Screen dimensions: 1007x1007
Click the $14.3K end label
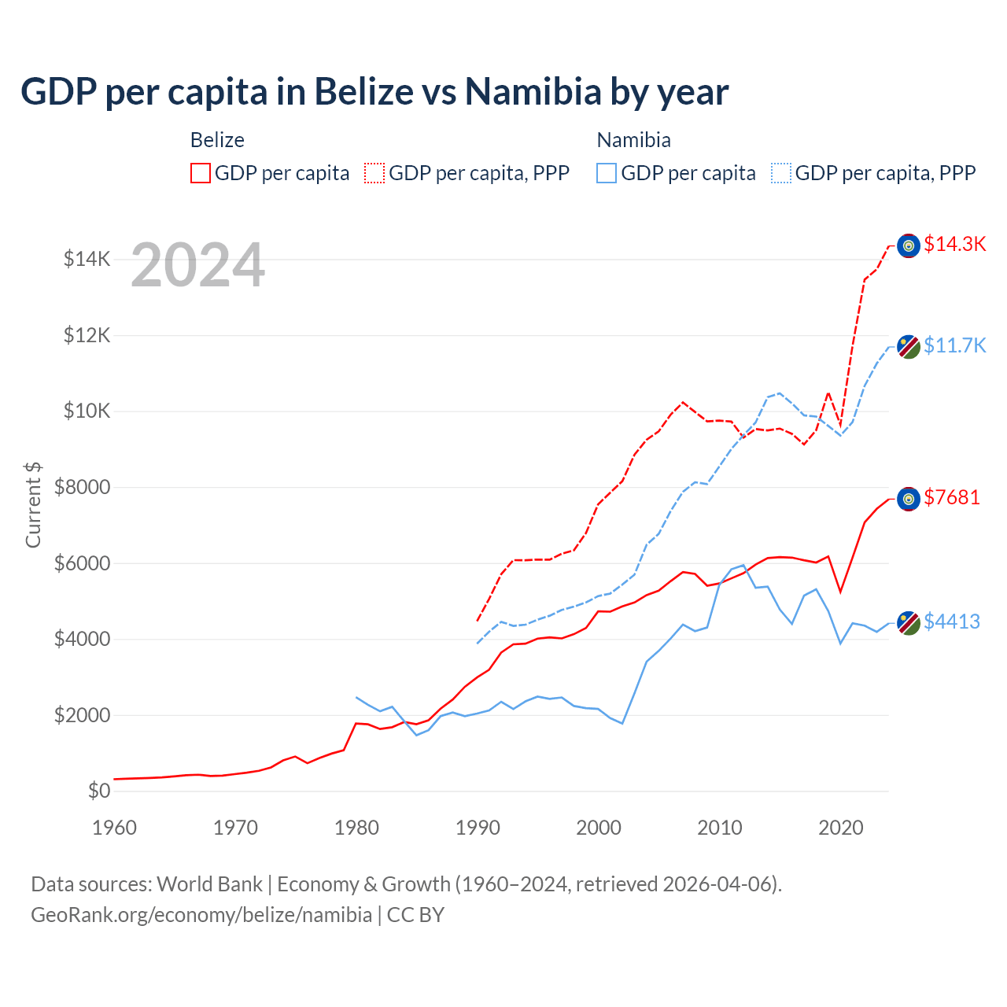pos(954,245)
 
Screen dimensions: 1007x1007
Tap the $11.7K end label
pos(954,345)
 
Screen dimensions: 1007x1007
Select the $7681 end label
pos(952,497)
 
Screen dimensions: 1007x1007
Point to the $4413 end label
pos(952,622)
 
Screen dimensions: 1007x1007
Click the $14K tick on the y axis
pos(87,259)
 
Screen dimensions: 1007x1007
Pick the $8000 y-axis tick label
pos(82,487)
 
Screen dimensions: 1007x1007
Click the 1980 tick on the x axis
pos(357,828)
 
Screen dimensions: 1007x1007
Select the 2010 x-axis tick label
pos(720,828)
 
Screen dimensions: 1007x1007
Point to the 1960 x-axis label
pos(115,828)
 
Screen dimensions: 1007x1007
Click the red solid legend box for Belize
pos(201,173)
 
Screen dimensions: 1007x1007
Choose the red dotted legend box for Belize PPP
pos(374,173)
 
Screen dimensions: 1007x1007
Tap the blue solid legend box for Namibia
pos(607,173)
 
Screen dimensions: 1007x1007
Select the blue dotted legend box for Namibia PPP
pos(781,173)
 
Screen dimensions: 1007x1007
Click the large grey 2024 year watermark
pos(197,266)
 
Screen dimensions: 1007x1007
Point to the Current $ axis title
pos(33,504)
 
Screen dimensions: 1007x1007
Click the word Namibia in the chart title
pos(533,92)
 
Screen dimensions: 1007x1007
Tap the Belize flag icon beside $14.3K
pos(909,245)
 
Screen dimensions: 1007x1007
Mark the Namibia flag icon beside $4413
pos(909,622)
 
